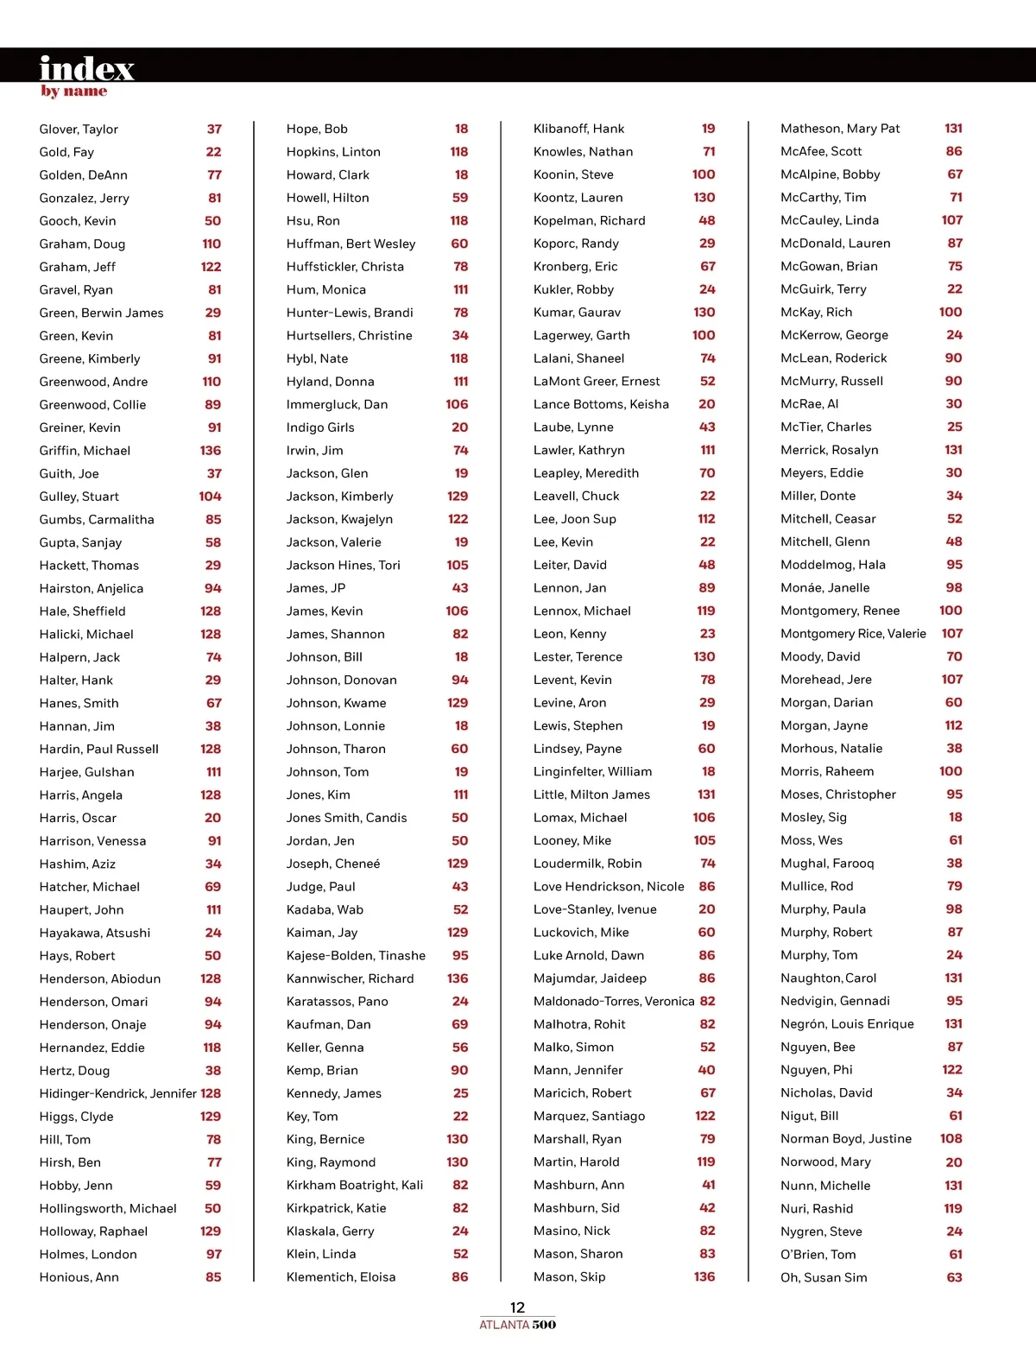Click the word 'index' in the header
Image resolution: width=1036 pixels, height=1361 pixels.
coord(86,68)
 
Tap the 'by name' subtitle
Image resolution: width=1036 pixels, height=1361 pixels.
coord(73,92)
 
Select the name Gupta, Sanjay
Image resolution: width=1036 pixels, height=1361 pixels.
coord(80,542)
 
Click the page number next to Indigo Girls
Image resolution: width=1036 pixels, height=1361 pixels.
coord(459,427)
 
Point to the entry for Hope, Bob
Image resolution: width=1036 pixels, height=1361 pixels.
coord(317,129)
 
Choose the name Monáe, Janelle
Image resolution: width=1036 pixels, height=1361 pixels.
coord(824,587)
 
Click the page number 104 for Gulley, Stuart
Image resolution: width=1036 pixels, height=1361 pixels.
coord(210,497)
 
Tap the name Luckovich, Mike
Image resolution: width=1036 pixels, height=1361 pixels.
coord(581,933)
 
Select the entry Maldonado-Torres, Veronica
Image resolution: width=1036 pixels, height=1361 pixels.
coord(614,1001)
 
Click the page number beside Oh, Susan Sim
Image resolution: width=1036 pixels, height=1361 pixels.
coord(954,1277)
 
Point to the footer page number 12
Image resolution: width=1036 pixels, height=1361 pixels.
coord(517,1307)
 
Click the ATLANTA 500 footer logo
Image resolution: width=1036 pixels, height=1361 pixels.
coord(517,1325)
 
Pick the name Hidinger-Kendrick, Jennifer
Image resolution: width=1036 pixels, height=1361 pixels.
coord(117,1093)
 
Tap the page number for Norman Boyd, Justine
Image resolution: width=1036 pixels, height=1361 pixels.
coord(951,1139)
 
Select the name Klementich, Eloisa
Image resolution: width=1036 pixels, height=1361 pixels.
coord(341,1277)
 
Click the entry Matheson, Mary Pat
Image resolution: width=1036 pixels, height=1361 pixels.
coord(840,129)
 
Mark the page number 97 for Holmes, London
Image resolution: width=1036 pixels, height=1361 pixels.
coord(213,1254)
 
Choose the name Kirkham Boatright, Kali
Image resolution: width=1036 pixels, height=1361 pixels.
coord(355,1185)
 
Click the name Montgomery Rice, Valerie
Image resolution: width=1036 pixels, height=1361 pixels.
coord(853,634)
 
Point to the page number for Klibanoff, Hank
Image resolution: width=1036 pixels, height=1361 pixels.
coord(708,129)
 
